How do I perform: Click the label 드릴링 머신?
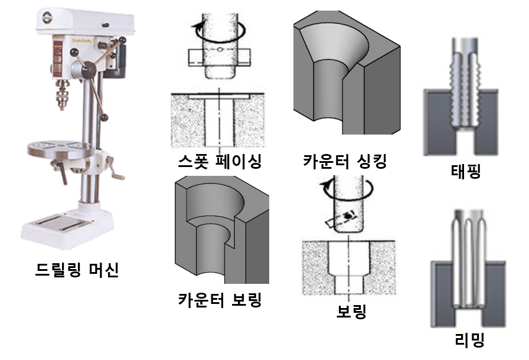click(x=77, y=269)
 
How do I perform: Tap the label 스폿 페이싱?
click(x=220, y=161)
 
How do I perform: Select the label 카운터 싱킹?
click(x=344, y=161)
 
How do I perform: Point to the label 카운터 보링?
click(x=220, y=299)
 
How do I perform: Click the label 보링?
click(x=351, y=311)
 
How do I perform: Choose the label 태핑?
click(x=466, y=171)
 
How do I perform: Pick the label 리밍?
click(x=469, y=339)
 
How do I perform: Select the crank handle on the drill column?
click(x=115, y=169)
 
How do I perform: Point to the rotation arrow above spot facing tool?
click(x=218, y=31)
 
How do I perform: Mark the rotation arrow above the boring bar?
click(x=348, y=189)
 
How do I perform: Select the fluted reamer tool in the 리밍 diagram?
click(x=468, y=259)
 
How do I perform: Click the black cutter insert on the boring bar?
click(x=349, y=215)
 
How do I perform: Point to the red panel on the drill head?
click(x=58, y=57)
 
